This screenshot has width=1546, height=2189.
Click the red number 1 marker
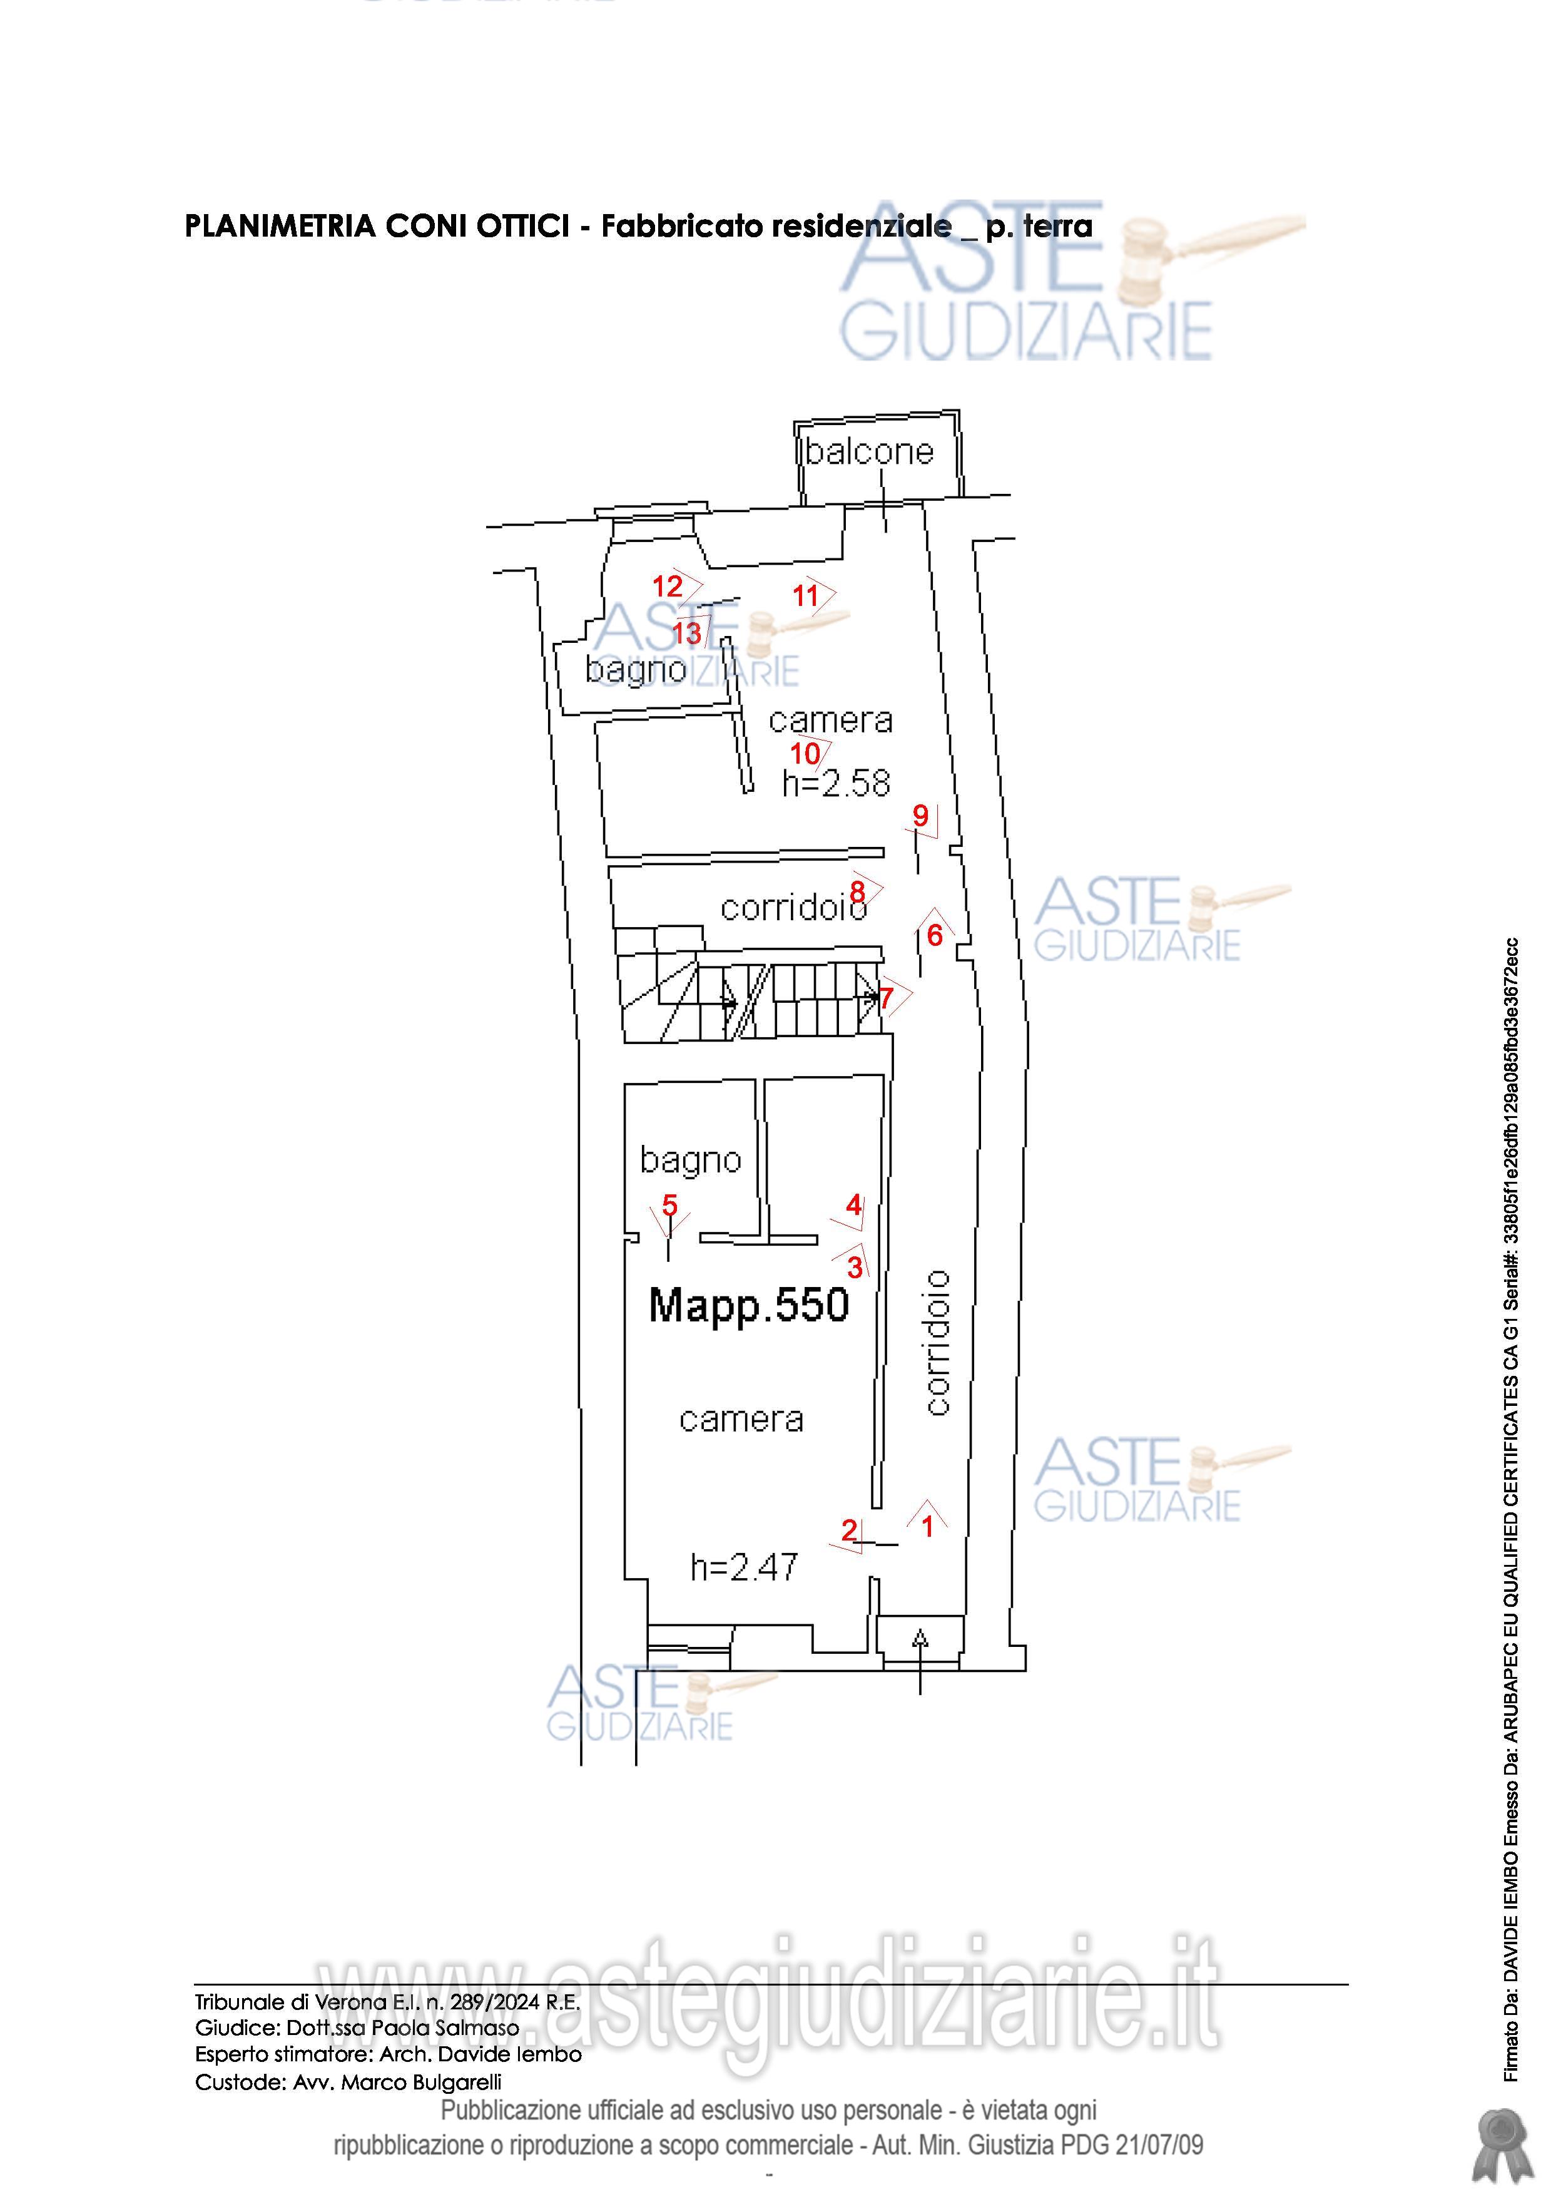coord(927,1526)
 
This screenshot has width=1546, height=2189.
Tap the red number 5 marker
coord(670,1205)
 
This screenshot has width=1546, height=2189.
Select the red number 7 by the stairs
coord(887,998)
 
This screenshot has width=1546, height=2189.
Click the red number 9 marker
coord(920,815)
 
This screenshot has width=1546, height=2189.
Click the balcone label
coord(869,451)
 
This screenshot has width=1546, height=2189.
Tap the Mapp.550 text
coord(748,1305)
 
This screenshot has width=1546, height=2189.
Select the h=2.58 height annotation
coord(836,784)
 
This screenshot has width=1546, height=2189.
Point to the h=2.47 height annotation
coord(745,1567)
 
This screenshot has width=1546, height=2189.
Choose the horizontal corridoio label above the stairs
coord(793,908)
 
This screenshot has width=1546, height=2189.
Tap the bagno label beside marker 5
coord(691,1161)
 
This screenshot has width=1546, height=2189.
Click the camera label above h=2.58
coord(830,720)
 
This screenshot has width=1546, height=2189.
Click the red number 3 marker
coord(855,1267)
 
